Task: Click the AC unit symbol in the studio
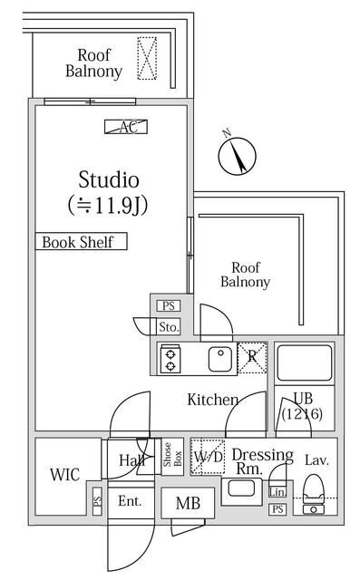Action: tap(126, 127)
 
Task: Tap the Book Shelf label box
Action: tap(81, 241)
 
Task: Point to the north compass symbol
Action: tap(237, 155)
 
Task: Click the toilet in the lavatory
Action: tap(314, 494)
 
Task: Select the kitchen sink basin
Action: tap(220, 359)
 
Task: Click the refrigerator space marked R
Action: tap(252, 357)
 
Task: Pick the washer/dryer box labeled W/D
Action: tap(208, 457)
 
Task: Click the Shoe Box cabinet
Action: tap(172, 457)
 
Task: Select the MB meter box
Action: tap(188, 503)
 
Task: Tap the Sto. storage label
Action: tap(169, 327)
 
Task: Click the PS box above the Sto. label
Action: tap(169, 306)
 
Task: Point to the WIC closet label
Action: tap(64, 475)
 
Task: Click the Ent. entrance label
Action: tap(130, 501)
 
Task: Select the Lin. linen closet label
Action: tap(277, 492)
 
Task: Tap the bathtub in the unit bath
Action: tap(304, 362)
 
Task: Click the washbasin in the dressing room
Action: tap(241, 489)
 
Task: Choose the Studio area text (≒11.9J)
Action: tap(108, 206)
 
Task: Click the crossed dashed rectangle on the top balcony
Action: tap(147, 58)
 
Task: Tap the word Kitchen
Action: tap(213, 400)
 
